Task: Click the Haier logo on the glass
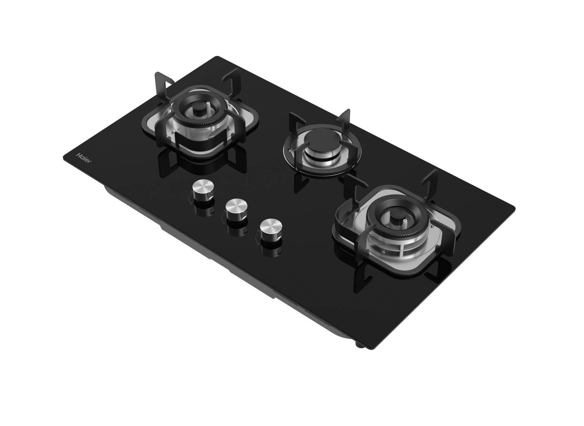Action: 84,158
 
